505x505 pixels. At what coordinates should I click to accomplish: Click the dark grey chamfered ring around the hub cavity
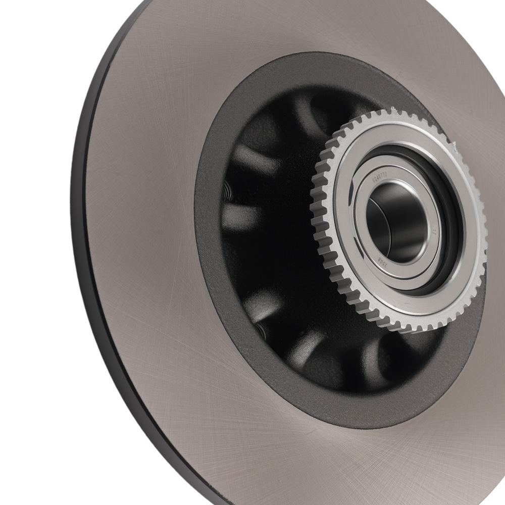click(x=212, y=303)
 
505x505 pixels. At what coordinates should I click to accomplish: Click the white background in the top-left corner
click(x=30, y=30)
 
